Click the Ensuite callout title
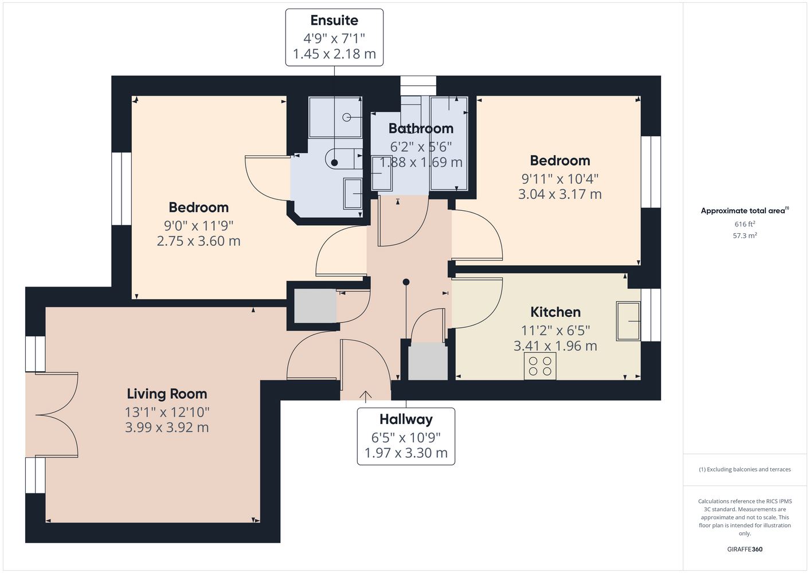click(x=334, y=21)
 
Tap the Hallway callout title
click(x=406, y=419)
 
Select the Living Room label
click(x=167, y=394)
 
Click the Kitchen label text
click(x=555, y=312)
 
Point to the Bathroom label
click(x=421, y=129)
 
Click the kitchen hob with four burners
click(x=540, y=366)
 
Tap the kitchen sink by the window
click(x=628, y=321)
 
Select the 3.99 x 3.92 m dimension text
click(x=167, y=427)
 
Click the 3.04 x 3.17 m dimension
click(x=559, y=194)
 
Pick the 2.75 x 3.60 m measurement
click(x=198, y=241)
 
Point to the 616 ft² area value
click(x=745, y=224)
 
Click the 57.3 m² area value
click(x=745, y=236)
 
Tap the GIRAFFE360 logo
click(x=745, y=549)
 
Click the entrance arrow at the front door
click(x=365, y=397)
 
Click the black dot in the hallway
click(x=406, y=282)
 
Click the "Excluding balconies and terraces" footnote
click(x=745, y=469)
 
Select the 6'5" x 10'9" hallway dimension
click(x=406, y=438)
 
